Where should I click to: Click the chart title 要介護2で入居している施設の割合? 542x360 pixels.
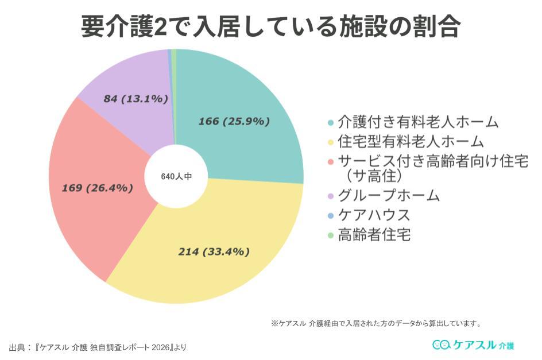coord(270,26)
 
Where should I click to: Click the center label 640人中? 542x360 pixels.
coord(176,177)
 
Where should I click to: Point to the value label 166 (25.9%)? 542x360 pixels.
coord(234,121)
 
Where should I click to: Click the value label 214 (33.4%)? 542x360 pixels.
coord(214,251)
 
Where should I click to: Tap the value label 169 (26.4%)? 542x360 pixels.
coord(98,188)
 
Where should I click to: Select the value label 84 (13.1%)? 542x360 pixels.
coord(135,99)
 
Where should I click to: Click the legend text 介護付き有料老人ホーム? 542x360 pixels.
coord(418,122)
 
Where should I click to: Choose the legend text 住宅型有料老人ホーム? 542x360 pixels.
coord(411,141)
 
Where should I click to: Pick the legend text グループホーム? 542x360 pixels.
coord(389,196)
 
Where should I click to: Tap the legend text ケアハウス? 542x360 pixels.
coord(374,215)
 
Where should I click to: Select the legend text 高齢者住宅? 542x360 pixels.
coord(374,234)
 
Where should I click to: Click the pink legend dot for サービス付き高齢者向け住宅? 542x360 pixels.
coord(330,161)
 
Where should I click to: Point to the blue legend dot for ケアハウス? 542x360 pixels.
coord(330,216)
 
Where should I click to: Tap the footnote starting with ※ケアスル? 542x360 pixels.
coord(376,323)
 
